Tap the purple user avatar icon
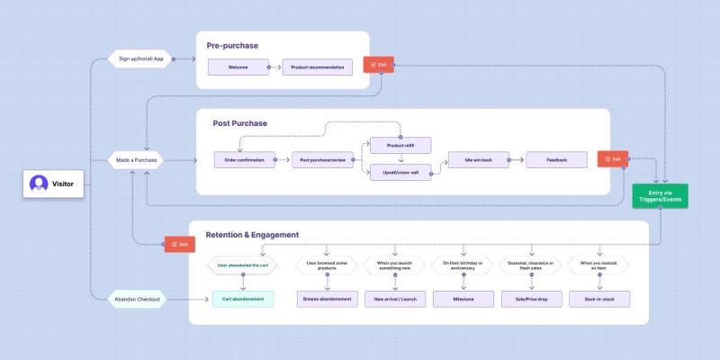click(39, 184)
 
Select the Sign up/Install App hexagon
click(140, 58)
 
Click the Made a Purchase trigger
click(137, 160)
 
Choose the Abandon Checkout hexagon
click(137, 300)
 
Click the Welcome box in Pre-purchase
click(238, 67)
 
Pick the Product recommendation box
click(317, 67)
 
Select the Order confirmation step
click(244, 160)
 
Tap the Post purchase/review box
click(323, 160)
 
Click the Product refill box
click(400, 145)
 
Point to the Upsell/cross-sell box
click(400, 174)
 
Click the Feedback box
click(558, 159)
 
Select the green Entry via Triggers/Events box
click(661, 196)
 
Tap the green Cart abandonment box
click(242, 298)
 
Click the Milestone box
click(463, 298)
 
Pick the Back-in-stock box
click(598, 298)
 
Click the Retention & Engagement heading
click(252, 235)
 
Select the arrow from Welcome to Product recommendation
click(275, 67)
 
